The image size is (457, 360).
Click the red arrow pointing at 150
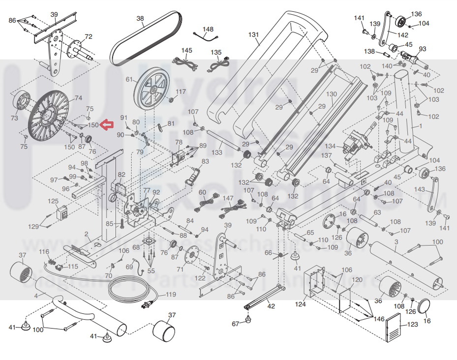[x=106, y=126]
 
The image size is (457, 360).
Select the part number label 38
[x=140, y=19]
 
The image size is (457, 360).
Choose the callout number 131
[x=253, y=35]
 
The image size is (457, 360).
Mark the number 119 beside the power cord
[x=170, y=295]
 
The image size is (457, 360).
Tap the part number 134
[x=330, y=146]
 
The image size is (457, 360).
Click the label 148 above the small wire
[x=208, y=29]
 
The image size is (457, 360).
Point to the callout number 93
[x=422, y=49]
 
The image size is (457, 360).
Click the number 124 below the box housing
[x=301, y=304]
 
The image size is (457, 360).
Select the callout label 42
[x=271, y=305]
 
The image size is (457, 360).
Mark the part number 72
[x=89, y=36]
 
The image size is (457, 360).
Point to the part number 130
[x=332, y=94]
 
